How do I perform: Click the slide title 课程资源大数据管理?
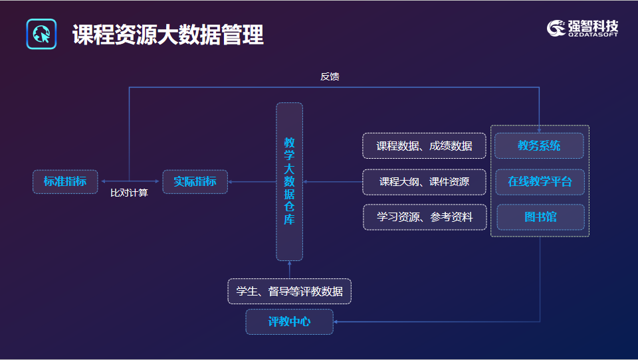[168, 35]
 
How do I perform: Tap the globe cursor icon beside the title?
[41, 34]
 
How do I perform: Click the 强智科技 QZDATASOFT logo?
[582, 29]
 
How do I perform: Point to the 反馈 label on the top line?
[330, 76]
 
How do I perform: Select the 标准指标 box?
[65, 181]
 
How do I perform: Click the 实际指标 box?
[195, 181]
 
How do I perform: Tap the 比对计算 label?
[129, 193]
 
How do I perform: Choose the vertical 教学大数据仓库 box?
[289, 181]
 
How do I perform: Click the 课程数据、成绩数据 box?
[424, 145]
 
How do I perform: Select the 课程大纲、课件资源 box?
[424, 182]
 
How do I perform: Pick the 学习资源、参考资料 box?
[425, 217]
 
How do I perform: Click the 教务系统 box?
[539, 145]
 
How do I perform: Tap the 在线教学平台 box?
[540, 182]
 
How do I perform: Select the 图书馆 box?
[540, 217]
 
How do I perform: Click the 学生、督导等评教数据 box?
[289, 291]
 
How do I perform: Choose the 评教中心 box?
[289, 321]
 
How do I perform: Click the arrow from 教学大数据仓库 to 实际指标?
[253, 182]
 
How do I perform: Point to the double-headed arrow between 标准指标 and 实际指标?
[130, 181]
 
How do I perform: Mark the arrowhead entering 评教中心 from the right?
[336, 321]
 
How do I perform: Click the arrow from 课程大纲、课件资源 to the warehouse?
[333, 182]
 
